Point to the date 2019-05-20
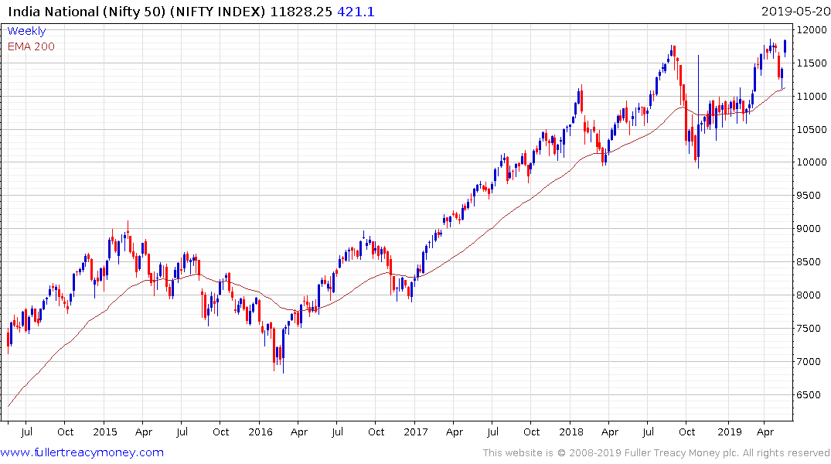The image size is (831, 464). tap(793, 11)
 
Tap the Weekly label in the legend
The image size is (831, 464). tap(26, 31)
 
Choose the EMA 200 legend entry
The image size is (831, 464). tap(31, 46)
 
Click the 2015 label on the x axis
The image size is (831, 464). tap(104, 432)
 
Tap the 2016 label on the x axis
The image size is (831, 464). tap(260, 432)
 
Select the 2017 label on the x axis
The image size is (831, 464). tap(415, 432)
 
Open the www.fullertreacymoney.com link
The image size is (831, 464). tap(83, 452)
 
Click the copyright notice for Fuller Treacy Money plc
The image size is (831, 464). tap(656, 452)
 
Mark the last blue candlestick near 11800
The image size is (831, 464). tap(785, 46)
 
